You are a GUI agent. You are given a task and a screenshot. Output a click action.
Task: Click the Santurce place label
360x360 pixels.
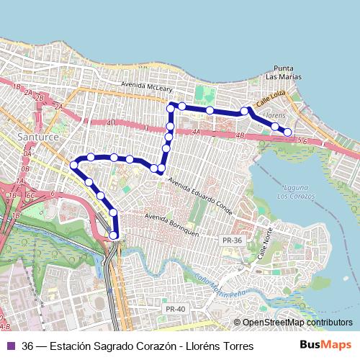pos(40,136)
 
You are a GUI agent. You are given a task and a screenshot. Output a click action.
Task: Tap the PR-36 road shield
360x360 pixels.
pos(232,240)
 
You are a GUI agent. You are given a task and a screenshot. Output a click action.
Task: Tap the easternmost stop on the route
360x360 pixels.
pos(287,132)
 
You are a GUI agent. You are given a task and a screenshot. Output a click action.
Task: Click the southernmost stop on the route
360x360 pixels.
pos(113,235)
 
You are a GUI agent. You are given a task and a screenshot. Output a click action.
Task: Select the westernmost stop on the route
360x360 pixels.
pos(73,166)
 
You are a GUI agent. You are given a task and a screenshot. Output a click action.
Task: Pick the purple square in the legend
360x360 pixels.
pos(11,346)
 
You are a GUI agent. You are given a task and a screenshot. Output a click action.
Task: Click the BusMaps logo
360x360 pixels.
pos(325,346)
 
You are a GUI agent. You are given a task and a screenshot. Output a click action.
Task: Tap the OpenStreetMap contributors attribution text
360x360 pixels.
pos(297,323)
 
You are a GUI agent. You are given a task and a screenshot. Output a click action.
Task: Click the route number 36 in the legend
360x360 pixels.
pos(27,346)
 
